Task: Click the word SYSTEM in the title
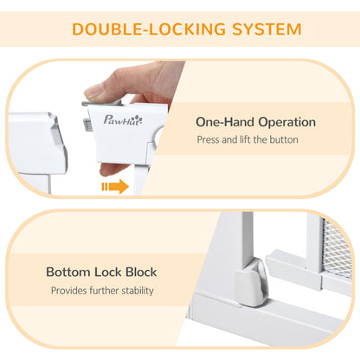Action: tap(260, 29)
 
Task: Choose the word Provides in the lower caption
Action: tap(69, 291)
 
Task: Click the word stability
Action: tap(134, 291)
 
